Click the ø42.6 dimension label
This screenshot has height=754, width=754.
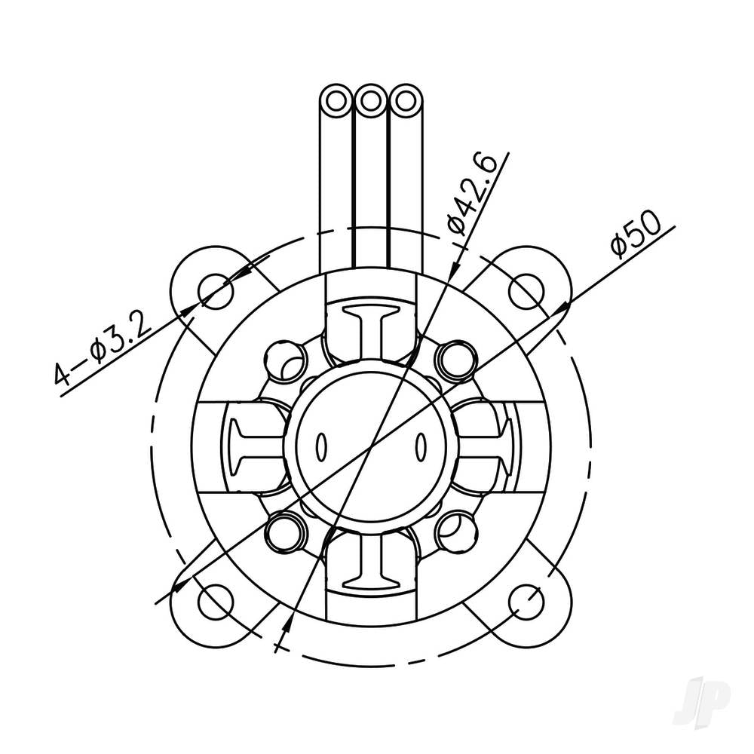(x=471, y=192)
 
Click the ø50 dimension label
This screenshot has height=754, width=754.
(x=636, y=234)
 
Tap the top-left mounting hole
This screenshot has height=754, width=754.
(x=216, y=290)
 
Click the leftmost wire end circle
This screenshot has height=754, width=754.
(x=336, y=100)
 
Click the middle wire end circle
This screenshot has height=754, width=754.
(x=370, y=100)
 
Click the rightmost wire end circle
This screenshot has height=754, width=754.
(x=405, y=100)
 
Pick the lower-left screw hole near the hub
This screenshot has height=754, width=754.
(x=286, y=531)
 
